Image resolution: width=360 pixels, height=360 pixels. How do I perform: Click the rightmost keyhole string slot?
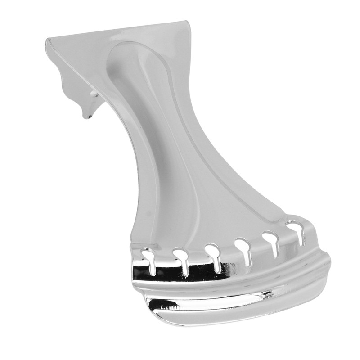(295, 229)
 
